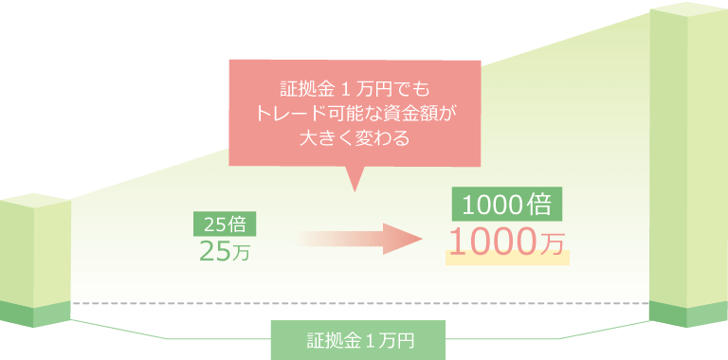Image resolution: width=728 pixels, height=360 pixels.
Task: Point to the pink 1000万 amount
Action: (506, 243)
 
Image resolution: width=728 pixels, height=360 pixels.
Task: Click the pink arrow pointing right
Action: (360, 239)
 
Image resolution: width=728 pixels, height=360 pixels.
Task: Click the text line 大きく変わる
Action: (354, 137)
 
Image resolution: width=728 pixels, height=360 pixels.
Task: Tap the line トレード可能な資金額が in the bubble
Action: (355, 115)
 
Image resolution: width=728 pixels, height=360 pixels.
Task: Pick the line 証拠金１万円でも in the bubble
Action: (355, 92)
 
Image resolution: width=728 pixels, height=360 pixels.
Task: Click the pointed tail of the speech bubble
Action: (355, 180)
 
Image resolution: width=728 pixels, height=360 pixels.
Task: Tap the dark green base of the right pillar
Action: (687, 314)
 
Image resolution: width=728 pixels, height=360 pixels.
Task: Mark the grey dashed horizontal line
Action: (360, 304)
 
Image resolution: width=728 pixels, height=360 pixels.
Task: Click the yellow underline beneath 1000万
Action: (507, 259)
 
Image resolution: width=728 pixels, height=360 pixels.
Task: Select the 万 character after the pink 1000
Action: (555, 244)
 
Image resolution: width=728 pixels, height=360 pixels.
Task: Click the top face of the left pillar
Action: (35, 199)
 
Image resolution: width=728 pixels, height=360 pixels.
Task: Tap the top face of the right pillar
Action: (687, 10)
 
